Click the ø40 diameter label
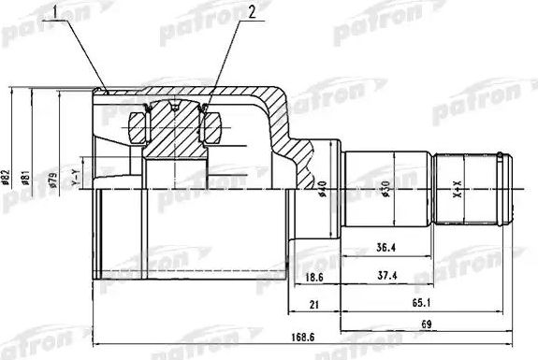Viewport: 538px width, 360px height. click(x=321, y=188)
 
